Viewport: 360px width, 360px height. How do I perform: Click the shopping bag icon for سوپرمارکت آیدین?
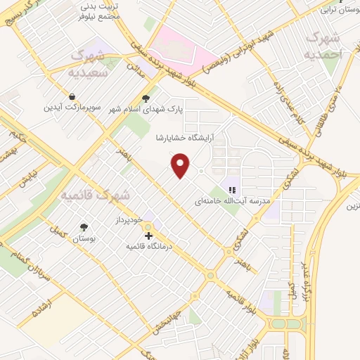point(72,97)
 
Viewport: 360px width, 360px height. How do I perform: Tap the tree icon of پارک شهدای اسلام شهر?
point(146,98)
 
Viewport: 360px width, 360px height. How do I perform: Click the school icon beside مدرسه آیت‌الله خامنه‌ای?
point(232,189)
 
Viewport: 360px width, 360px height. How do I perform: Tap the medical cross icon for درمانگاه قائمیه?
point(148,236)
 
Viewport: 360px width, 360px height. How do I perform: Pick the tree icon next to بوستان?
point(84,226)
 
